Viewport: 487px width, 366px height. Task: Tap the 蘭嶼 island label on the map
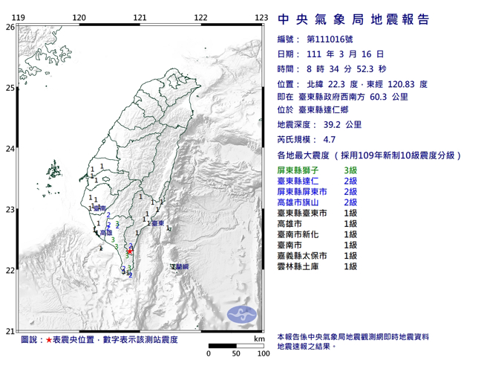(180, 266)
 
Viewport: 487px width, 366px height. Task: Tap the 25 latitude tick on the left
(10, 88)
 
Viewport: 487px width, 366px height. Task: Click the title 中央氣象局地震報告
(353, 19)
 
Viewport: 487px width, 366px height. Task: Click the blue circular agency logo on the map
(241, 314)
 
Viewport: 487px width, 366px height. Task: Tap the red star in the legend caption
(49, 340)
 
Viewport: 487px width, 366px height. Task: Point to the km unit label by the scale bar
(258, 339)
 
